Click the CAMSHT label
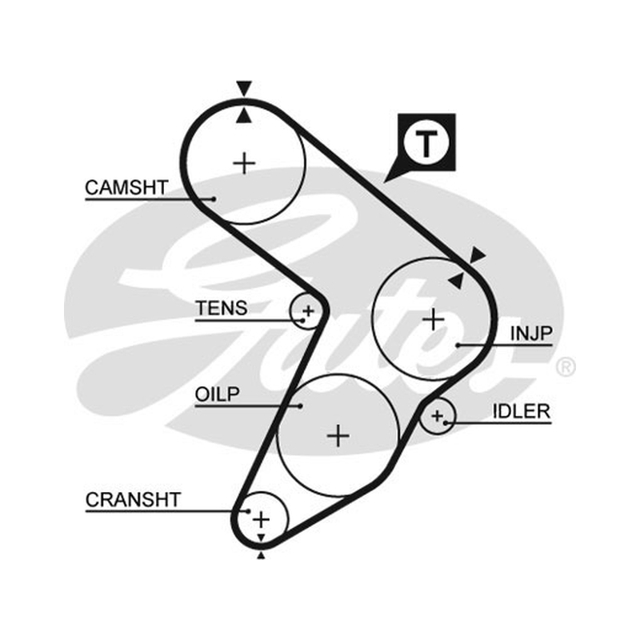click(x=126, y=187)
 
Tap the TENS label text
click(x=222, y=308)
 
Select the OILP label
click(x=217, y=394)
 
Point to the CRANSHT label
click(x=133, y=499)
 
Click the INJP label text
click(x=531, y=334)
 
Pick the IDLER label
click(x=522, y=411)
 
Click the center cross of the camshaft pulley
click(x=244, y=163)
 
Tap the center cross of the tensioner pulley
click(x=308, y=311)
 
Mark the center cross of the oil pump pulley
click(x=338, y=435)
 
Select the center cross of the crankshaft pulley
click(x=262, y=519)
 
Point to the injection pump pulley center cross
click(x=433, y=318)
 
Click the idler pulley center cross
click(x=437, y=416)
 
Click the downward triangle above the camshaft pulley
click(x=244, y=88)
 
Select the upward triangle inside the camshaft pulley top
click(x=244, y=115)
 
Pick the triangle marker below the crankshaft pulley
click(x=261, y=554)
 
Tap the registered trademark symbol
click(x=566, y=366)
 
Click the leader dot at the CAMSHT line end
click(x=214, y=199)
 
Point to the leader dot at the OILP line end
click(x=301, y=406)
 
